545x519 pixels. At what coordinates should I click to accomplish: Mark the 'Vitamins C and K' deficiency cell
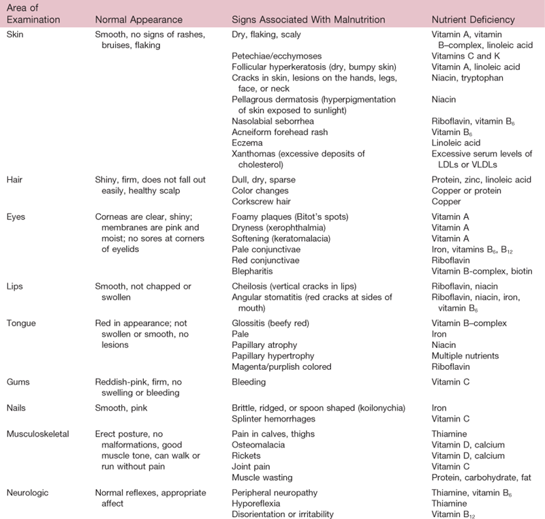[x=463, y=55]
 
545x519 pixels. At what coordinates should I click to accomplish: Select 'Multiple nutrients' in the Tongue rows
[x=465, y=355]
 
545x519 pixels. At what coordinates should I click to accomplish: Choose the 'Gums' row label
[x=17, y=382]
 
